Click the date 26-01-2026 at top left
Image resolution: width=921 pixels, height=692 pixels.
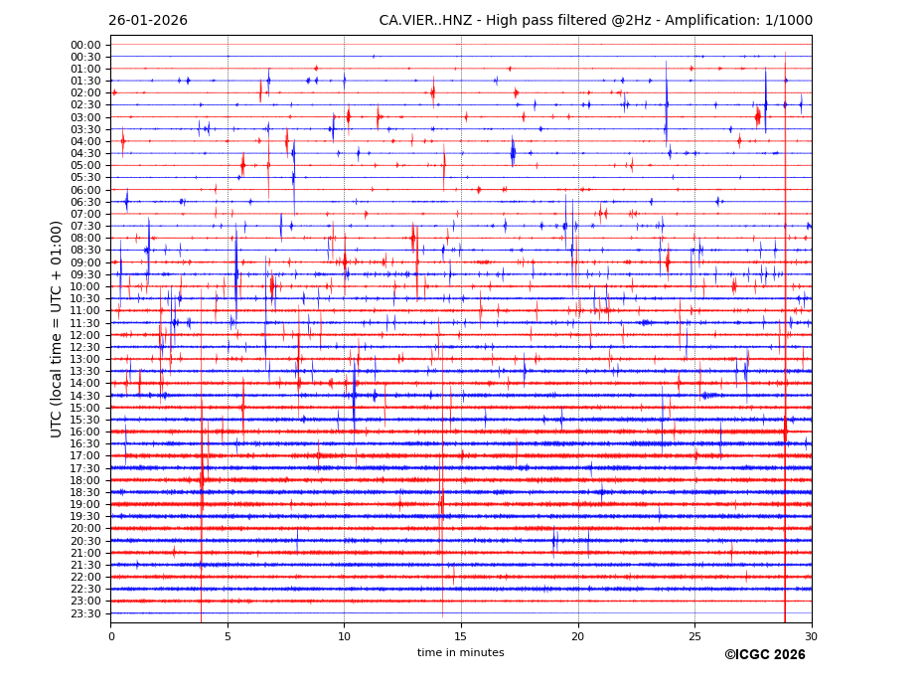(x=147, y=21)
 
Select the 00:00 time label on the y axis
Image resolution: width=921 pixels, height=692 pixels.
(x=85, y=45)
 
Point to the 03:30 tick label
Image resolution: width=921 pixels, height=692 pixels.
(x=85, y=129)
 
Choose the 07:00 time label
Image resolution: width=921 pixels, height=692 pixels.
(x=85, y=214)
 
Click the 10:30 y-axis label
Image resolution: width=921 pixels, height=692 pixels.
(x=85, y=298)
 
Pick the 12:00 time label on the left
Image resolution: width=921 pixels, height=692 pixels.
(x=85, y=335)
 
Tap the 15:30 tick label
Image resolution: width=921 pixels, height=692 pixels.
(x=85, y=420)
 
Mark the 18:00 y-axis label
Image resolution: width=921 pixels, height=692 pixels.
(x=85, y=480)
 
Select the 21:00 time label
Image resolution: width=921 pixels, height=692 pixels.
(x=85, y=553)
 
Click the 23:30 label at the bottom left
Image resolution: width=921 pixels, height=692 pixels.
(x=85, y=613)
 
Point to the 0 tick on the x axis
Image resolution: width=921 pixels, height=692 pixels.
(x=111, y=636)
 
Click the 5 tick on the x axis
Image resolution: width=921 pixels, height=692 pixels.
(x=228, y=636)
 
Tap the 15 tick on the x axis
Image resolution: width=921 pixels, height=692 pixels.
(x=461, y=636)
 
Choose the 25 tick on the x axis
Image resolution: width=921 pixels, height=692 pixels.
(x=694, y=636)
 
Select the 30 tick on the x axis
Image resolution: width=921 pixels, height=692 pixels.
(x=811, y=636)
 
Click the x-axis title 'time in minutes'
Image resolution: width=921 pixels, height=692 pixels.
(x=460, y=653)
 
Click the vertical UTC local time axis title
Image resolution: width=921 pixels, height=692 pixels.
(x=58, y=329)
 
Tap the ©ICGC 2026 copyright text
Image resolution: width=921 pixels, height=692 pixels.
(x=764, y=655)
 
